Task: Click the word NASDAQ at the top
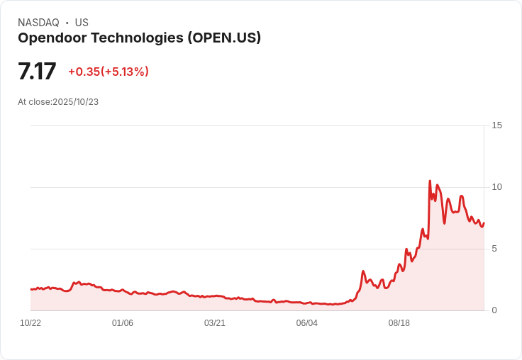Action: point(38,23)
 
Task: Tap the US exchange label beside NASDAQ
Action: point(82,23)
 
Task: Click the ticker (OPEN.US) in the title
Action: point(224,38)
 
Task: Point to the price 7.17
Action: point(37,72)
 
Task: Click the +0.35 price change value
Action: point(84,72)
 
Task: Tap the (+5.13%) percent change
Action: point(125,72)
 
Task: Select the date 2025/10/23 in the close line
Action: point(75,102)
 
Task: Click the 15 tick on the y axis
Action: point(496,125)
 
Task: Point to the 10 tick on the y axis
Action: point(496,187)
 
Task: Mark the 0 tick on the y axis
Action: point(495,310)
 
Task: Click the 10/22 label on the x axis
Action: point(30,323)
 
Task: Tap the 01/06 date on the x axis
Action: point(123,323)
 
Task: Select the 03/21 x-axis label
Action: point(215,323)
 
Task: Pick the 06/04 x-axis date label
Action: point(307,323)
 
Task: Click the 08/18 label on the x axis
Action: point(399,323)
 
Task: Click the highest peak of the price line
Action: point(430,181)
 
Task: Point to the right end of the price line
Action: point(484,223)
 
